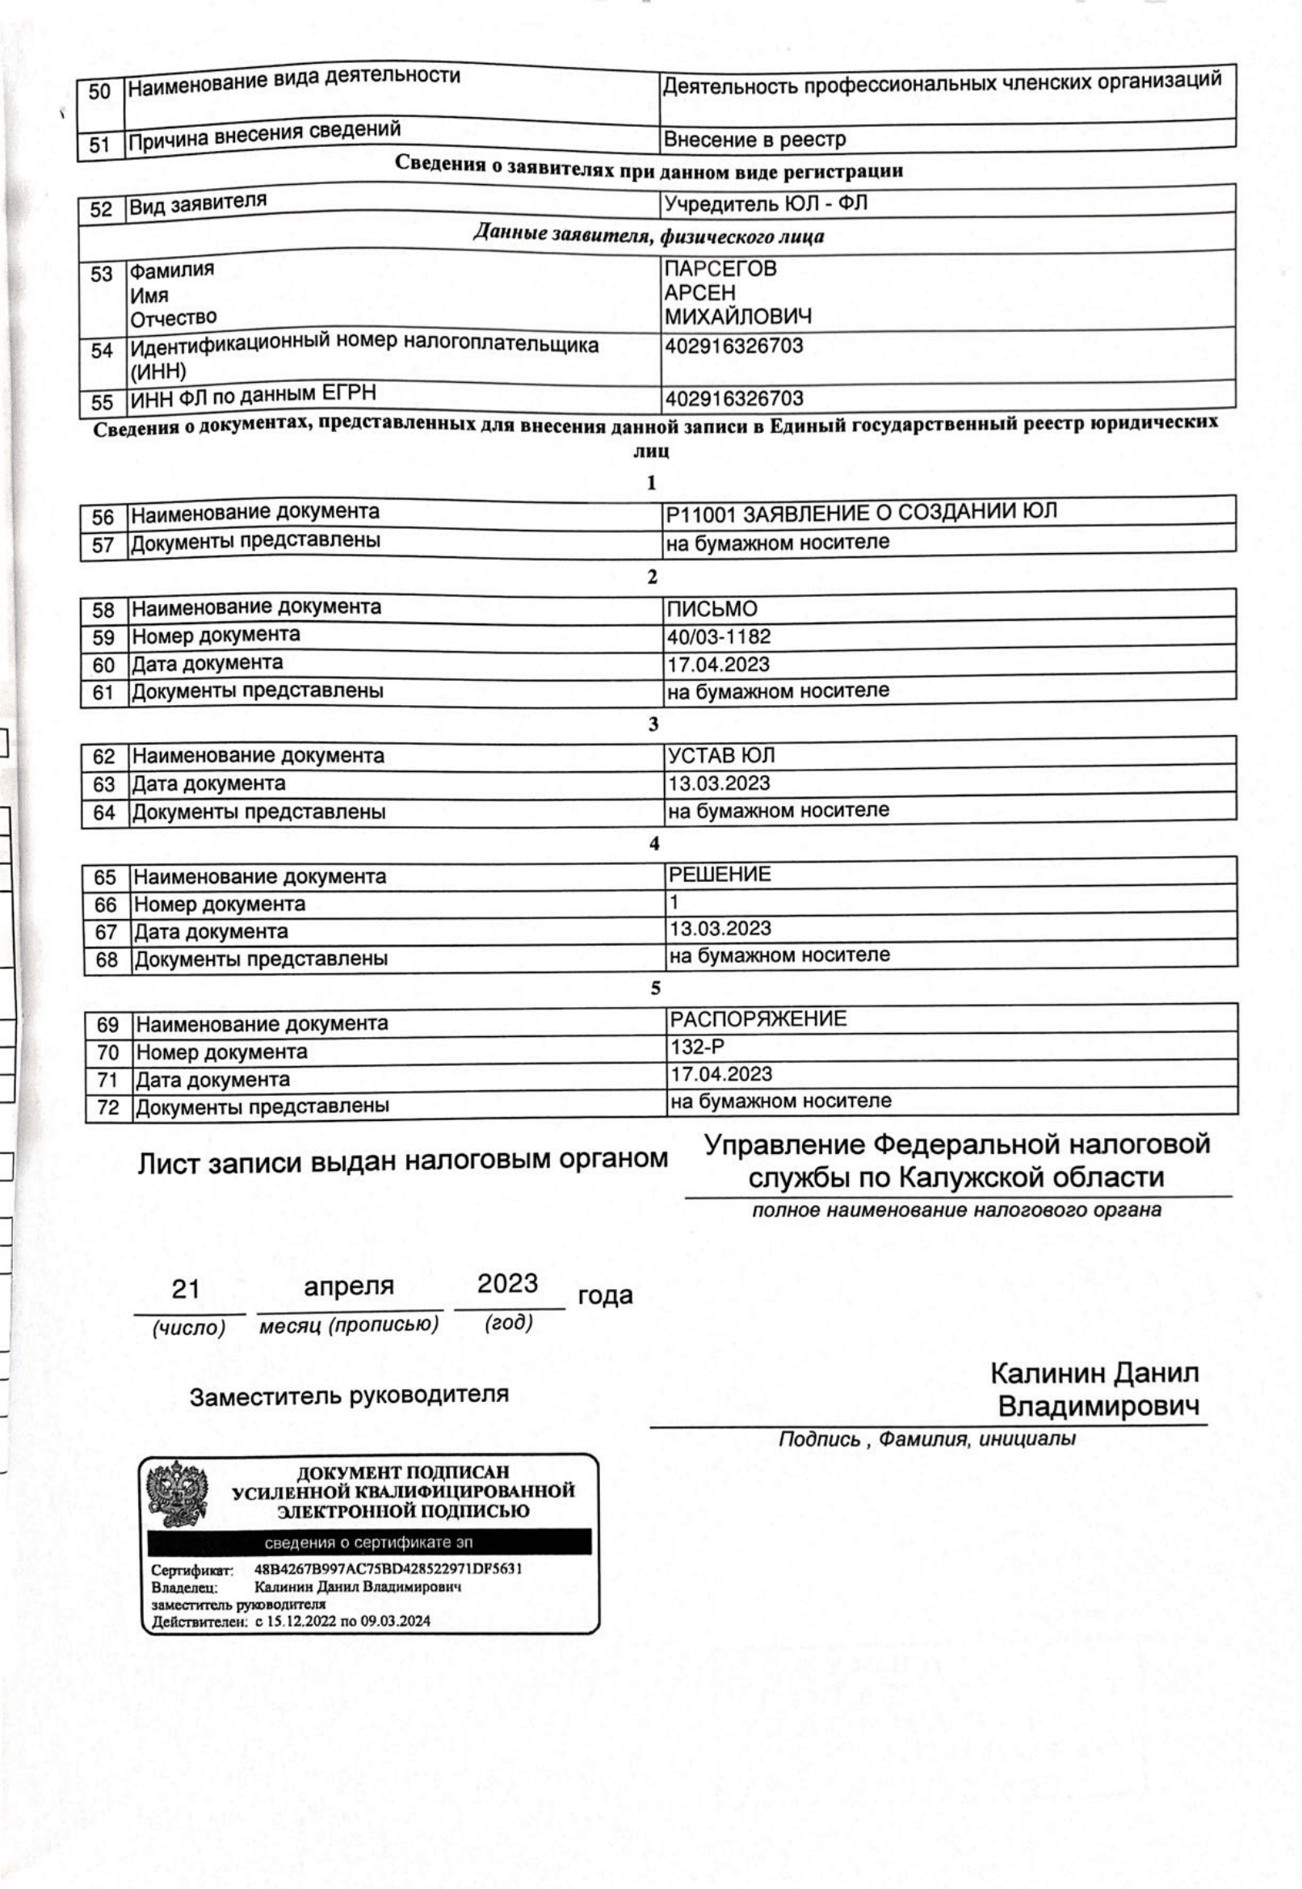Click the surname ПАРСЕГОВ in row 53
pyautogui.click(x=720, y=268)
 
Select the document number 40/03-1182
pyautogui.click(x=719, y=636)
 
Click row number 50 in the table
pyautogui.click(x=99, y=91)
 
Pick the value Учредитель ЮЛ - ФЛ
pyautogui.click(x=765, y=203)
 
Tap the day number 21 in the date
pyautogui.click(x=186, y=1289)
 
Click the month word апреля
pyautogui.click(x=348, y=1287)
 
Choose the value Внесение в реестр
pyautogui.click(x=754, y=140)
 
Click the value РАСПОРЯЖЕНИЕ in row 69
pyautogui.click(x=758, y=1018)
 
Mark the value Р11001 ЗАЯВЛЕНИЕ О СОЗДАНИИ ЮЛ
pyautogui.click(x=862, y=512)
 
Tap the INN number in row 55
pyautogui.click(x=734, y=399)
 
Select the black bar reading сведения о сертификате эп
pyautogui.click(x=369, y=1543)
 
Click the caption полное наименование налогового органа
pyautogui.click(x=956, y=1211)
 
